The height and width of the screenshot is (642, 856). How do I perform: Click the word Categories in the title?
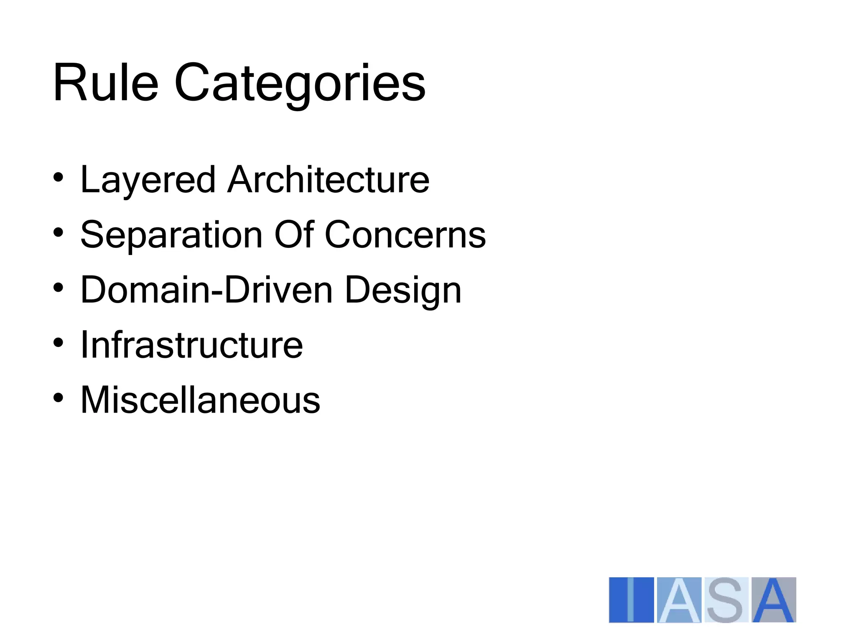coord(300,84)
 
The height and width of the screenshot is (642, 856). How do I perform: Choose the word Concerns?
coord(405,235)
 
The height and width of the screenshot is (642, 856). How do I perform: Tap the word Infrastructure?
coord(191,345)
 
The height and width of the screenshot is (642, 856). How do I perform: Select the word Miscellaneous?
coord(200,400)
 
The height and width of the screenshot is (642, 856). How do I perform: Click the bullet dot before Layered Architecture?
coord(59,178)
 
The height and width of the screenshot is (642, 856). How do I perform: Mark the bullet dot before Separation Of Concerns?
coord(59,232)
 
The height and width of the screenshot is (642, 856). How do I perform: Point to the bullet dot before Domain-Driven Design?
coord(59,288)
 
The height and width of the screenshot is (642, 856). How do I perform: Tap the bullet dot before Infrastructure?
coord(59,343)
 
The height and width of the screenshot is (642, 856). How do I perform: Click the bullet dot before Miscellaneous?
coord(59,397)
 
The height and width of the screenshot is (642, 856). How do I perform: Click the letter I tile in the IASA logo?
coord(631,600)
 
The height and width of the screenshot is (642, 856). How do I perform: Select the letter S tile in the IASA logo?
coord(726,600)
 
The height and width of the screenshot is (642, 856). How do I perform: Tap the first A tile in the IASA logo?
coord(679,600)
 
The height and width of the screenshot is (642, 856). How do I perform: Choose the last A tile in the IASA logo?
coord(774,600)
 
